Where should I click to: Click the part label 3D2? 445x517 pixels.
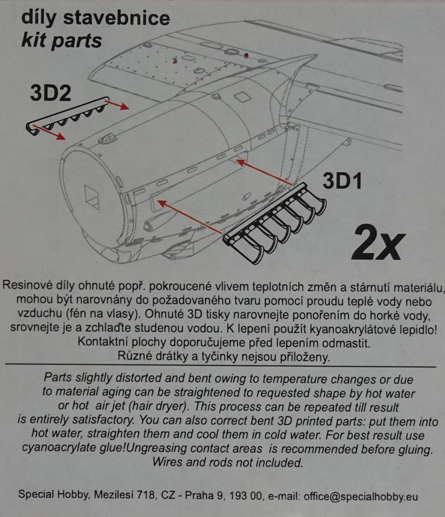[51, 93]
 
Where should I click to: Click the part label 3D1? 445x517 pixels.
[342, 181]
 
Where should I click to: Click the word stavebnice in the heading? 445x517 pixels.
[117, 18]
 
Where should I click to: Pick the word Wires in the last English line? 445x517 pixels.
[168, 462]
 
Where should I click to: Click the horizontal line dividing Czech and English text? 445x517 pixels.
[220, 366]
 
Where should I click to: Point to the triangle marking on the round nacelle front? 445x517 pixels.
[92, 197]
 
